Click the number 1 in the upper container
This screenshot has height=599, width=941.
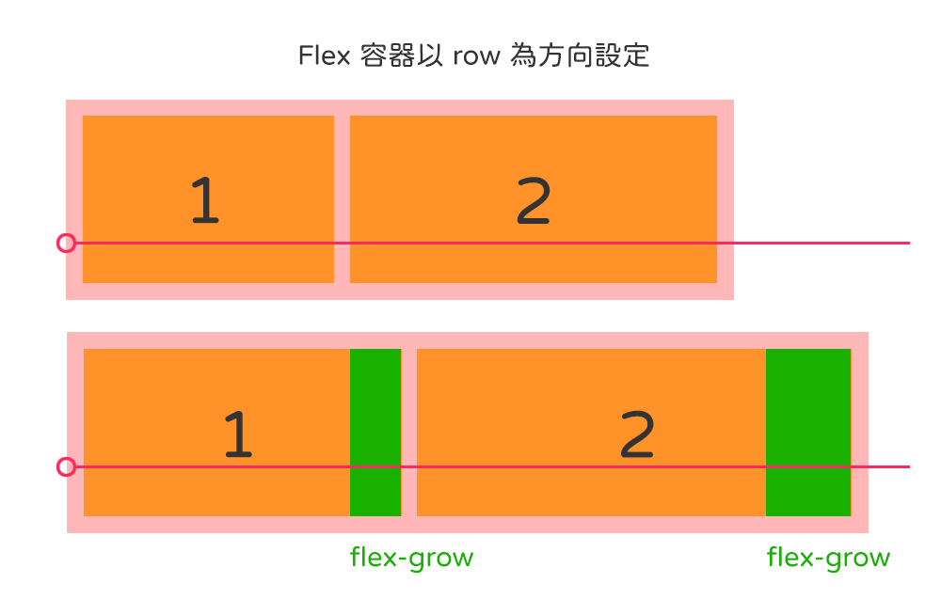tap(204, 201)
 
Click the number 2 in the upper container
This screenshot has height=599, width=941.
tap(533, 201)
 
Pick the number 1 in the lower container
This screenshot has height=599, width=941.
tap(238, 434)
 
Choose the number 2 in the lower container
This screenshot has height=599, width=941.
tap(637, 434)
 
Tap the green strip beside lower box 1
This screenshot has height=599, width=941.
tap(375, 433)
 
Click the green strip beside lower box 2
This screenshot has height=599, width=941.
tap(808, 433)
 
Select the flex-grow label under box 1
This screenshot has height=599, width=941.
tap(411, 558)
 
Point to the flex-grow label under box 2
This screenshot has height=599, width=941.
tap(828, 558)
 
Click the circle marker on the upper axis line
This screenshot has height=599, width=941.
tap(66, 244)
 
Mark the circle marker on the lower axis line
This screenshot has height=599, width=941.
tap(66, 467)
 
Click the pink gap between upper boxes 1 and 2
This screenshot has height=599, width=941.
tap(342, 199)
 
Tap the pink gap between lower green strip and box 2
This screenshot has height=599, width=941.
tap(409, 433)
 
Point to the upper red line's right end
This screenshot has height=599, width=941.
tap(908, 244)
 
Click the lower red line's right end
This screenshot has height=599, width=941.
tap(908, 467)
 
